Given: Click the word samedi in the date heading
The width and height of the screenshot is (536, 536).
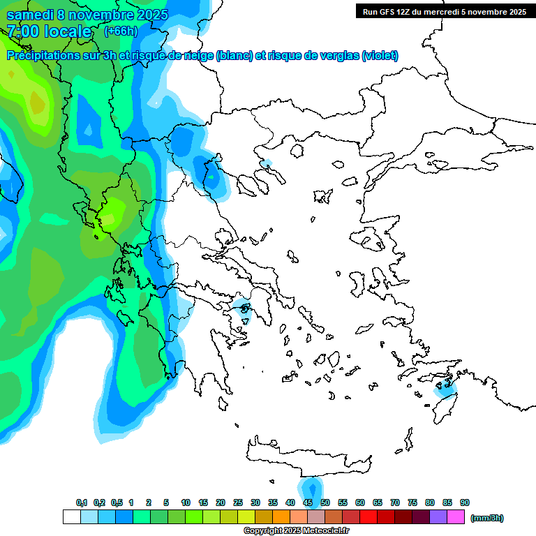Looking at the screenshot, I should point(31,15).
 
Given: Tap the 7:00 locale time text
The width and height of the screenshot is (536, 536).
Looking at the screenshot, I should point(49,31).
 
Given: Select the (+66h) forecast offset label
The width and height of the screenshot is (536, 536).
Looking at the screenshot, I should point(121,31).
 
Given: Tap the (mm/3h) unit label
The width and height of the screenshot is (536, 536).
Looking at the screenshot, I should point(486,518).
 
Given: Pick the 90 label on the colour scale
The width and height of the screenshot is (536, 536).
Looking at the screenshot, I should point(465,502).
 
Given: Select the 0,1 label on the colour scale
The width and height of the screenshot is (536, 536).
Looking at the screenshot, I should point(82,502).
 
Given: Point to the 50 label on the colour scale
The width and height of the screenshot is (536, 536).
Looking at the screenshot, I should point(325,502).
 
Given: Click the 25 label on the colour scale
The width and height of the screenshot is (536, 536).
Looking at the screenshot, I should point(238,502).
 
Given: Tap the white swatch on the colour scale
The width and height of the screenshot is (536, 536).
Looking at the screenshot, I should point(72,517).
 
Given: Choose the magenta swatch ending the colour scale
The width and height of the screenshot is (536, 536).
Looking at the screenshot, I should point(456,517).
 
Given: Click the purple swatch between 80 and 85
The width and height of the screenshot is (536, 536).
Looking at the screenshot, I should point(438,517).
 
